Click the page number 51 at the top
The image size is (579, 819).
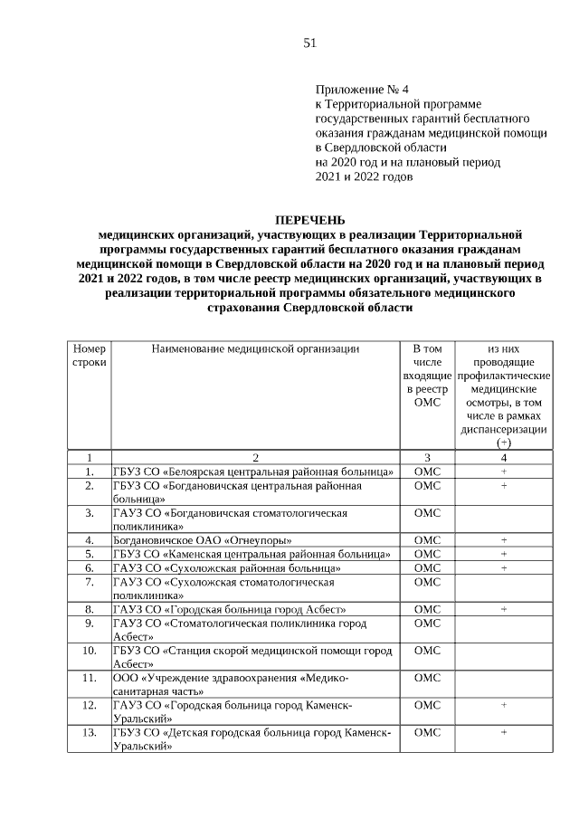click(309, 43)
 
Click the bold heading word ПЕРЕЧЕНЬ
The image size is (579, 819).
click(309, 219)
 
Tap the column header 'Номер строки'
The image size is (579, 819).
click(89, 355)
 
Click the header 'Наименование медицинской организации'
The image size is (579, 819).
click(255, 348)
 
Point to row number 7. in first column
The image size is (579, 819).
click(89, 583)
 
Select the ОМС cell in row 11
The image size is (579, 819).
click(425, 677)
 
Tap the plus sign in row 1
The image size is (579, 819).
click(503, 471)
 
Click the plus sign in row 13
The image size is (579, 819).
click(503, 732)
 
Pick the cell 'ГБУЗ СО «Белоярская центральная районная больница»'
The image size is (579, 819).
click(252, 471)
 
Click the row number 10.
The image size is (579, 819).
click(89, 650)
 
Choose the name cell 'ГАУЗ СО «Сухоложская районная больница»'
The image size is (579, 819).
click(226, 567)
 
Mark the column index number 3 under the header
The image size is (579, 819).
click(425, 457)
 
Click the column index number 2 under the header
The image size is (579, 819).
click(255, 457)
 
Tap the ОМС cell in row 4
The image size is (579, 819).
click(425, 540)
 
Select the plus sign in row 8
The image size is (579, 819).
click(503, 609)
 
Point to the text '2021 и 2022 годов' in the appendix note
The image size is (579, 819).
click(364, 176)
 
